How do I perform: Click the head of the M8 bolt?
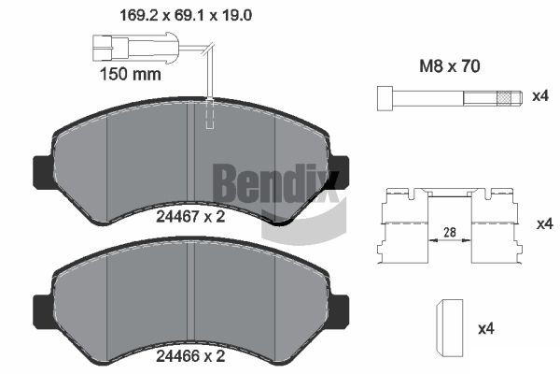384,97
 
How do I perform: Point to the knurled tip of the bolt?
507,97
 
